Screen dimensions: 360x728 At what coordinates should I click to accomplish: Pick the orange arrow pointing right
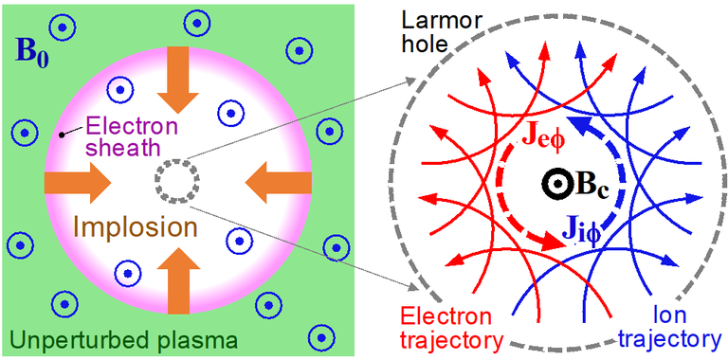pos(78,180)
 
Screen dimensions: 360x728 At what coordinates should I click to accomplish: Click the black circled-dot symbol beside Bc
pos(550,183)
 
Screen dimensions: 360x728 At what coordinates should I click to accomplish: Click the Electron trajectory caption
pos(446,326)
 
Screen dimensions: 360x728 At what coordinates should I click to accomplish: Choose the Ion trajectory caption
pos(675,326)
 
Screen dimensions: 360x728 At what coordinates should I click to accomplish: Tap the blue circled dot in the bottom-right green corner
pos(321,334)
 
